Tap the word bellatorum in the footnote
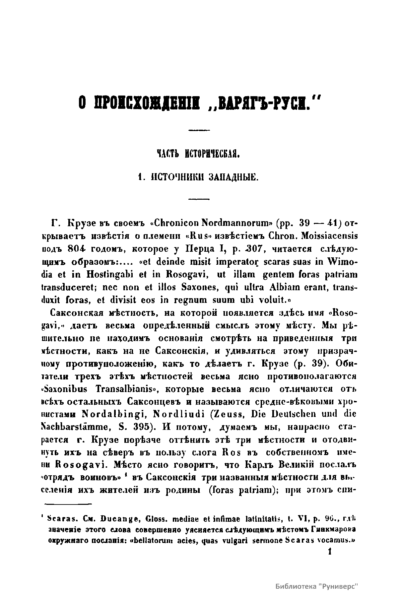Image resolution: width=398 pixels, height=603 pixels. pyautogui.click(x=187, y=540)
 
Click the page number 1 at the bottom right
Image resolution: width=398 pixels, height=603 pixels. pyautogui.click(x=329, y=551)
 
